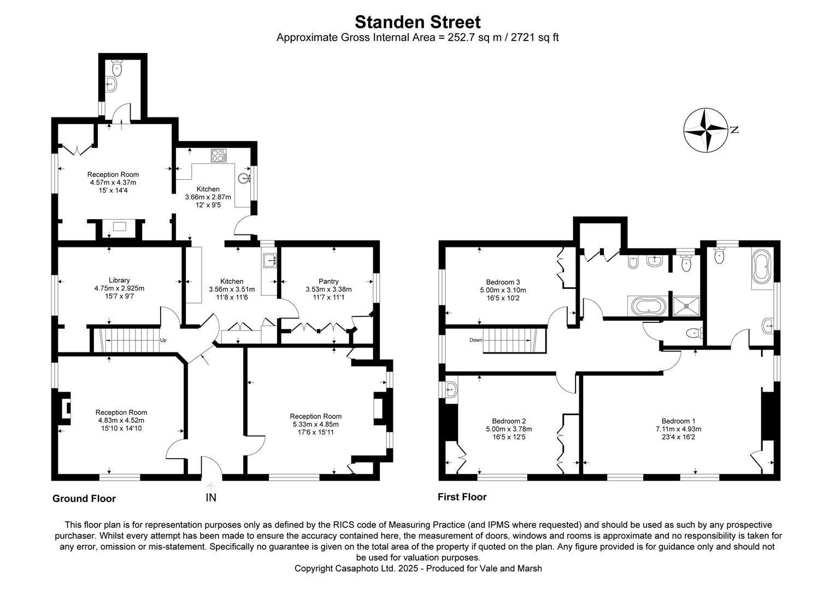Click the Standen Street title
(417, 22)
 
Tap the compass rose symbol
(705, 130)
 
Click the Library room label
(119, 280)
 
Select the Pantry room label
(328, 281)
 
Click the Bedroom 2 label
(509, 421)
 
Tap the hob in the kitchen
(219, 156)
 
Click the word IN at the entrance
(211, 498)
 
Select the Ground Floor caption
(84, 498)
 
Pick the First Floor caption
(462, 497)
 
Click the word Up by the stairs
(163, 340)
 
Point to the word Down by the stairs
(476, 340)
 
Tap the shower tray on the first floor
(684, 306)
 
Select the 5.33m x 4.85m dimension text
(316, 424)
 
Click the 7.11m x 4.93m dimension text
(678, 429)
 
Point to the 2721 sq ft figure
(534, 38)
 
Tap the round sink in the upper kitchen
(244, 177)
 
